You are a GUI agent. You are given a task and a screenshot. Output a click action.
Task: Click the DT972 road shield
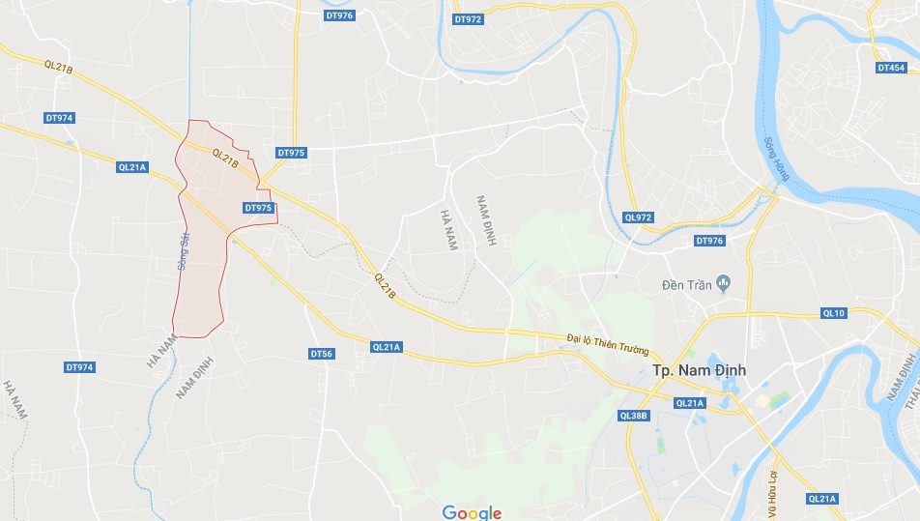click(468, 19)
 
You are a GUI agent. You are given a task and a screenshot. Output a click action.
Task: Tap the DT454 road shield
click(891, 68)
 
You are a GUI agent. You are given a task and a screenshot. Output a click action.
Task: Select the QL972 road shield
click(639, 217)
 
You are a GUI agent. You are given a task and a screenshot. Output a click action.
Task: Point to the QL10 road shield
click(833, 313)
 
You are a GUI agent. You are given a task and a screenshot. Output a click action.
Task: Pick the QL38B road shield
click(633, 416)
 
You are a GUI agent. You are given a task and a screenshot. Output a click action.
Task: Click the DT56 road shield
click(322, 354)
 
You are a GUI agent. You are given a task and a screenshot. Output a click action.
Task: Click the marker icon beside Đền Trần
click(726, 283)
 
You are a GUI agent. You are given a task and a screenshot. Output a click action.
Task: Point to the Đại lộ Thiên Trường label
click(609, 342)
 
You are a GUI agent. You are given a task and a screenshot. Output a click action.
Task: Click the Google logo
click(473, 512)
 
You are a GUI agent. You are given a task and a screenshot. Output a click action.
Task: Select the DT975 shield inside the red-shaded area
click(258, 208)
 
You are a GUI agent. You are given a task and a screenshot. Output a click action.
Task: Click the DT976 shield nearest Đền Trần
click(709, 241)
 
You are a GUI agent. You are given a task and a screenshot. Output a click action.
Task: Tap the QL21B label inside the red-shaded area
click(224, 158)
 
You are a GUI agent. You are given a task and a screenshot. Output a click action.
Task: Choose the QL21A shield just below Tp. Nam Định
click(690, 403)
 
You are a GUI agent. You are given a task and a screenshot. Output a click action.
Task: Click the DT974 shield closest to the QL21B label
click(59, 118)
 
